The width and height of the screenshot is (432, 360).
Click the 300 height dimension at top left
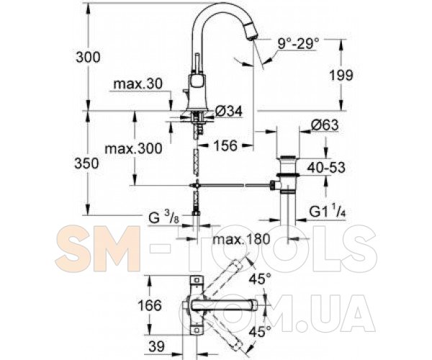point(88,58)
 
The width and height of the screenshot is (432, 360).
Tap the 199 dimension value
point(341,75)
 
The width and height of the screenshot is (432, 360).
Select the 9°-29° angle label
point(298,44)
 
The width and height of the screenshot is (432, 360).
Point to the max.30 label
point(138,84)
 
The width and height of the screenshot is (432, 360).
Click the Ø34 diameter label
point(229,111)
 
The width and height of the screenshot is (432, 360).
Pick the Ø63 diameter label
point(325,125)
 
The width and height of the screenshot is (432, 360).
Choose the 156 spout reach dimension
point(225,145)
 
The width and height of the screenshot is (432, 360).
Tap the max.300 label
point(134,149)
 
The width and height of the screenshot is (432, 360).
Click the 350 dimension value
point(86,163)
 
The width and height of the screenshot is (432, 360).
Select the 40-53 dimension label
point(326,167)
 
